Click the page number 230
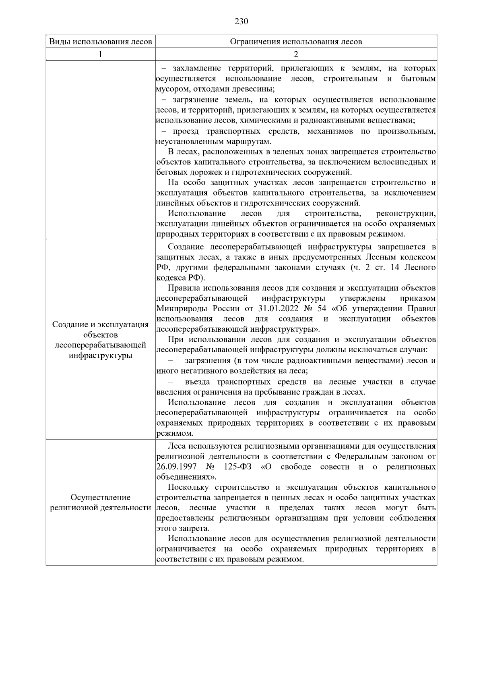(241, 21)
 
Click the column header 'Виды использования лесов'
(100, 42)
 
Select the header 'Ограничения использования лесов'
(296, 42)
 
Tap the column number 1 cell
(100, 54)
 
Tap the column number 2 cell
(296, 54)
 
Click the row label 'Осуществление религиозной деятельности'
(100, 502)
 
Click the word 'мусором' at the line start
(169, 89)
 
